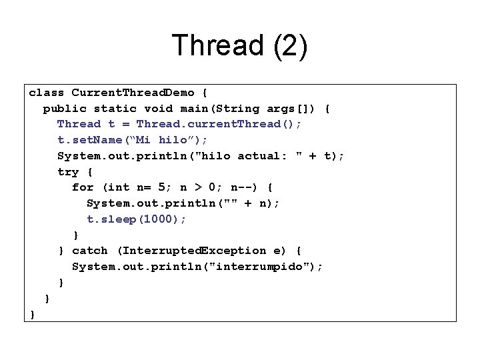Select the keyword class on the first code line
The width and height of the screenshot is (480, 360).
click(47, 93)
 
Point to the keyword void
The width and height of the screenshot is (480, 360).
click(158, 108)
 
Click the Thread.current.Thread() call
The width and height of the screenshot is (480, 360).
click(219, 124)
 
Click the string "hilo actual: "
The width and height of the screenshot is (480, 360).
click(258, 156)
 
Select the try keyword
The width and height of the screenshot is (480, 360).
click(68, 171)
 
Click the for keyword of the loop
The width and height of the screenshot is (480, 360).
click(83, 187)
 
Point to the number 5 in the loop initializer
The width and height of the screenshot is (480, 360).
click(162, 187)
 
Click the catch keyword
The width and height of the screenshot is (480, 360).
click(89, 251)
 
